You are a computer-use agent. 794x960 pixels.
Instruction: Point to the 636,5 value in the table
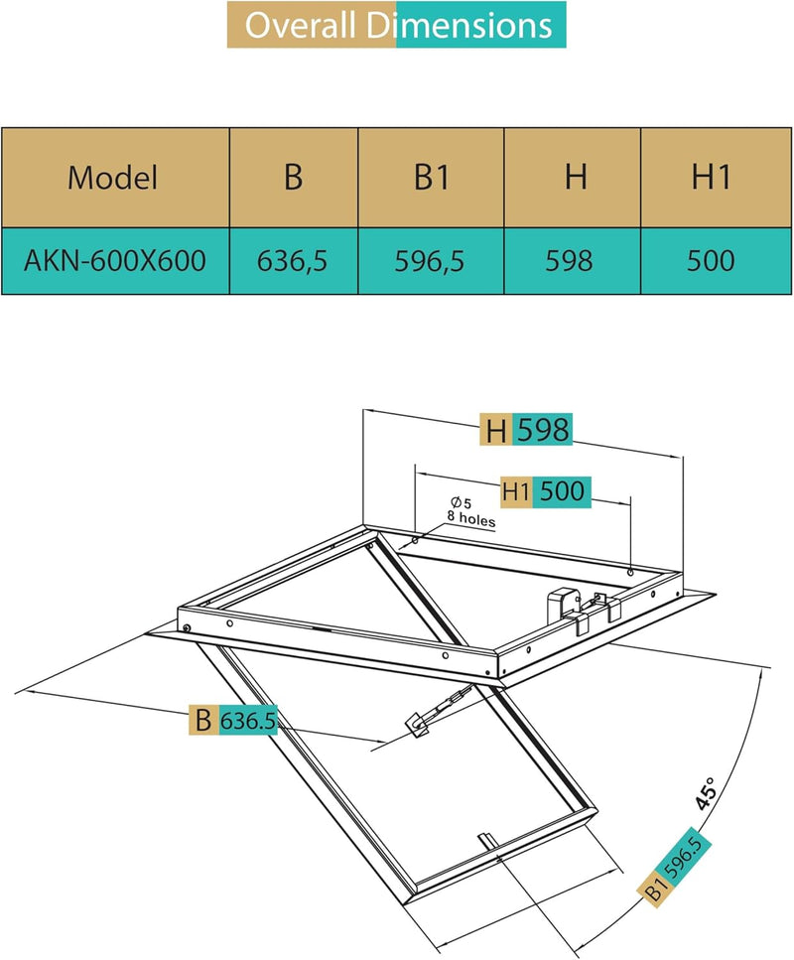293,260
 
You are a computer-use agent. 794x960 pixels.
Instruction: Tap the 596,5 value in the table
432,260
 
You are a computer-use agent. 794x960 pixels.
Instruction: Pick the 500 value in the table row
712,260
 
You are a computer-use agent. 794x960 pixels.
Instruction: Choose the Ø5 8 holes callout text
469,511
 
